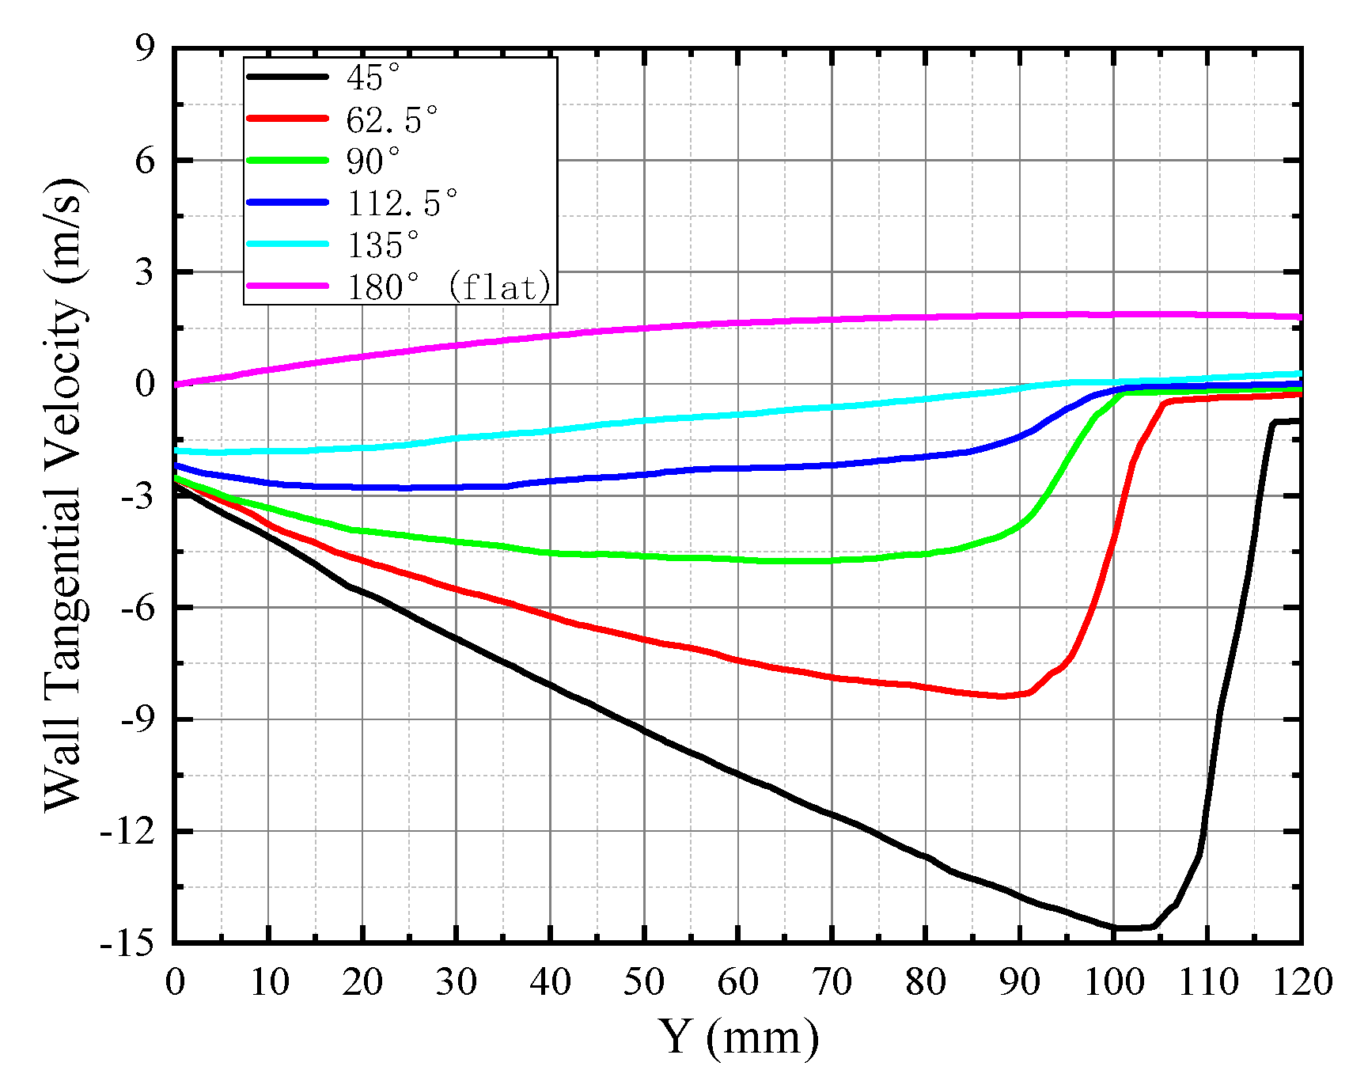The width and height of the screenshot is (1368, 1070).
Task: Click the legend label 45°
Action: (373, 78)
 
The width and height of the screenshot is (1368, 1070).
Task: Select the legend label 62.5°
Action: (392, 120)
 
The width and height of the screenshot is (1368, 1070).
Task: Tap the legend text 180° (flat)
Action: (449, 286)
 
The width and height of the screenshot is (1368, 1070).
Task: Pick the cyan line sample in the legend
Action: (287, 244)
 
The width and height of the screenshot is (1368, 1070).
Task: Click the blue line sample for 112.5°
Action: (287, 203)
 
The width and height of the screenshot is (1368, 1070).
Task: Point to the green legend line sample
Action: (287, 161)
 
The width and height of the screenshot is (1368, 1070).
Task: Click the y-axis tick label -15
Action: (126, 943)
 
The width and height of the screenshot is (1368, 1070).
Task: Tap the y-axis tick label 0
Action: (145, 385)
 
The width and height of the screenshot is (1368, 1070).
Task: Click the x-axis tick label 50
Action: (643, 983)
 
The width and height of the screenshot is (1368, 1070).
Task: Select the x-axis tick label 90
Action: (1019, 983)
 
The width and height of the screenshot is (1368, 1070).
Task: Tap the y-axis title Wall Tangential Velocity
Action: (63, 495)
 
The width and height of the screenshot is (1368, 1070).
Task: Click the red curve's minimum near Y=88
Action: (1002, 696)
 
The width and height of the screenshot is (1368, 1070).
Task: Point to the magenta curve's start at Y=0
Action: (176, 385)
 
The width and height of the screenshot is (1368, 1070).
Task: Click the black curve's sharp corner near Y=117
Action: (1273, 423)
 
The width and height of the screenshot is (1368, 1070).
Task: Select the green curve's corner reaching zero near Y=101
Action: (1124, 393)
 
